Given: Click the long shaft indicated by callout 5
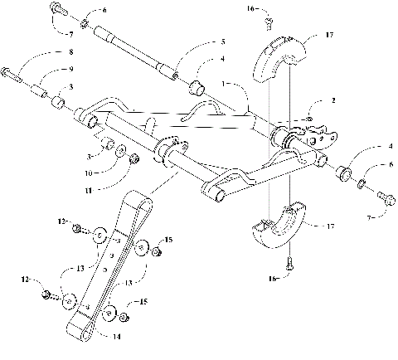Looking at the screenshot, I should point(137,55).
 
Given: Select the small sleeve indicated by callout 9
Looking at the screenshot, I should point(40,86).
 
